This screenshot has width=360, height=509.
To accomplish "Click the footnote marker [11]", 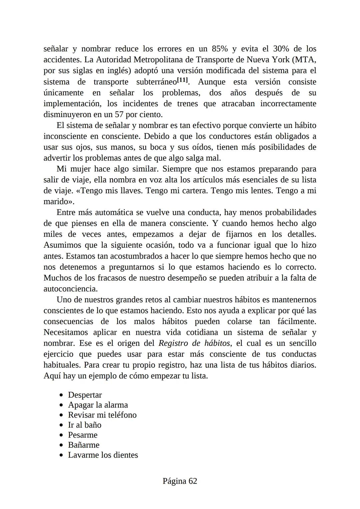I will coord(182,80).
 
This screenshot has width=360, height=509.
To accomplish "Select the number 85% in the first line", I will coord(220,49).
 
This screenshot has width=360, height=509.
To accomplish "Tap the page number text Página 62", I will coord(180,481).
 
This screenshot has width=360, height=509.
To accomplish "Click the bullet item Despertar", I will coord(85,395).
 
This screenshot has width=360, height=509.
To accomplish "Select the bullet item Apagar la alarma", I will coord(98,405).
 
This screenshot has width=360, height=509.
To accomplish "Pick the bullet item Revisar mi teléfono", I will coord(102,415).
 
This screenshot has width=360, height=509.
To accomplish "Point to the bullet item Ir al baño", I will coord(84,425).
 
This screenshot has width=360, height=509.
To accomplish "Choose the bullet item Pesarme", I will coord(83,435).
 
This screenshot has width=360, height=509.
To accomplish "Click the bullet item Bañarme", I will coord(84,445).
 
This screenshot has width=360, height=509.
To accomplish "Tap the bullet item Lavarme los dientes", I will coord(103,455).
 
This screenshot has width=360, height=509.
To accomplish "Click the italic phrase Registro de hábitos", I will coord(194,343).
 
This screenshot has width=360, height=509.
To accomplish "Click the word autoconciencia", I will coord(70,289).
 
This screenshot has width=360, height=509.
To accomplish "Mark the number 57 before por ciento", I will coord(119,115).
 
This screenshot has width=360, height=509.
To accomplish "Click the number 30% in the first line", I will coord(281,49).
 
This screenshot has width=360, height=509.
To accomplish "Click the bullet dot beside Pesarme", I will coord(61,435).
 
